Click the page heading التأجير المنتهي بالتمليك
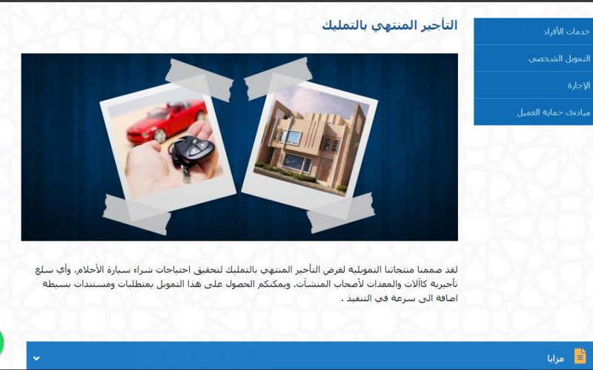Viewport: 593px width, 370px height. [x=390, y=26]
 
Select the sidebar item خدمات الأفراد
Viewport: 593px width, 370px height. [x=566, y=32]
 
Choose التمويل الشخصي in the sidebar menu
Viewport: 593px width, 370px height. [x=559, y=59]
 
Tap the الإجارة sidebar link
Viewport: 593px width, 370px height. [x=579, y=86]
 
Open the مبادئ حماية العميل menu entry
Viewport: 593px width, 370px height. [x=553, y=112]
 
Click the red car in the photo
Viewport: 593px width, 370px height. [x=166, y=121]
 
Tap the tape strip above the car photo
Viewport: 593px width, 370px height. [x=199, y=80]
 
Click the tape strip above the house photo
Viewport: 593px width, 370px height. [x=279, y=78]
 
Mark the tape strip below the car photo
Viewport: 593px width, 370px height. [x=136, y=214]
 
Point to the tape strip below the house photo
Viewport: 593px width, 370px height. [x=341, y=213]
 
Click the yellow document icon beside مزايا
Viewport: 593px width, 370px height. [x=580, y=356]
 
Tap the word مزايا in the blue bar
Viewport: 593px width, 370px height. [x=555, y=358]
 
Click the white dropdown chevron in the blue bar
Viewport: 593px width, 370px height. [x=36, y=358]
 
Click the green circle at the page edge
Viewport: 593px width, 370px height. [x=1, y=343]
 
